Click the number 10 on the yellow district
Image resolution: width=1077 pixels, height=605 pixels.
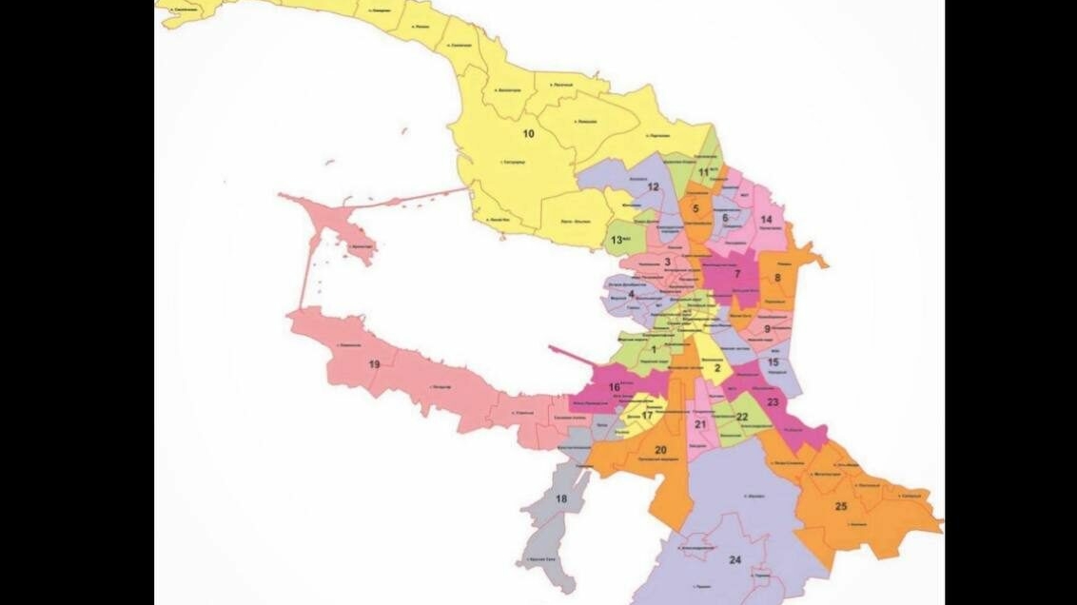(x=528, y=134)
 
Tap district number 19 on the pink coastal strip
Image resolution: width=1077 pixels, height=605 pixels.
(x=374, y=364)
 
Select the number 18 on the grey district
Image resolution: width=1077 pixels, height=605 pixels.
(x=560, y=499)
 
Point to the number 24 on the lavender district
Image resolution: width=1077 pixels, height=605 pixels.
(x=734, y=560)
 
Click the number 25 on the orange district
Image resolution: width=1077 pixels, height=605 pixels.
(x=841, y=506)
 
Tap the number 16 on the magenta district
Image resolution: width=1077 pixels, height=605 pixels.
(x=615, y=387)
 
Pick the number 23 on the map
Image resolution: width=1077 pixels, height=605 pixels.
(x=773, y=401)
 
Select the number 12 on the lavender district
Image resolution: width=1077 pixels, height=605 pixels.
(x=653, y=187)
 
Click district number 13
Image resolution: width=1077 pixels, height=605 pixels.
(x=617, y=240)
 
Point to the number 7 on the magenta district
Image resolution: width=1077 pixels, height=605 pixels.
(x=736, y=274)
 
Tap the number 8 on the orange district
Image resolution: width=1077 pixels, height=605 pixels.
(x=777, y=278)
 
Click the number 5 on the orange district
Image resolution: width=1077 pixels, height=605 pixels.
(x=695, y=208)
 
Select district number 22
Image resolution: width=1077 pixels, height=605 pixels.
(x=742, y=417)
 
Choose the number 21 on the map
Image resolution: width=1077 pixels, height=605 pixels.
(x=700, y=424)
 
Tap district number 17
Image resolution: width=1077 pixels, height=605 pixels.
(x=647, y=416)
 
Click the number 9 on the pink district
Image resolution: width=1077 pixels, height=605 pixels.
(x=767, y=328)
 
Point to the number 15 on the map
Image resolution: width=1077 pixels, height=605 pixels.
(x=773, y=362)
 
